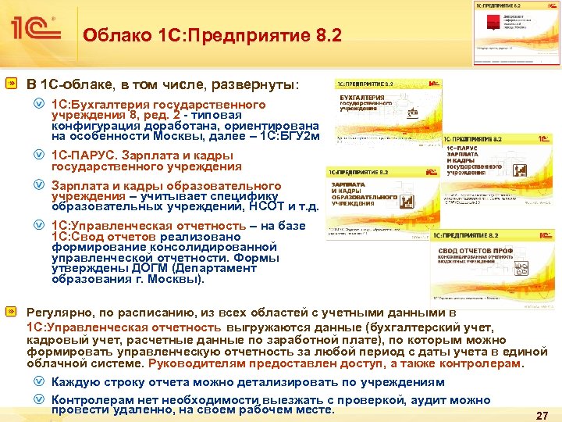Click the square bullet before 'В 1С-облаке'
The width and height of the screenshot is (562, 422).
click(13, 83)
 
